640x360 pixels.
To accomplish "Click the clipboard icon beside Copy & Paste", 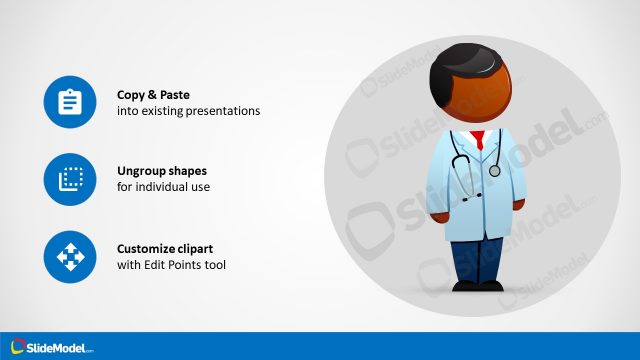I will [69, 101].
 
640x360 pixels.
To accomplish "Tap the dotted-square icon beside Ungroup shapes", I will [69, 179].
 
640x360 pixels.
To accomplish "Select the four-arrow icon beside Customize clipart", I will [69, 257].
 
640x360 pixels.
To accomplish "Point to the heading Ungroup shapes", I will [162, 171].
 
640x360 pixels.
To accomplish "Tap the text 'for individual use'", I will [164, 188].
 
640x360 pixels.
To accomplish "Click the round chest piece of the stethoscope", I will [494, 171].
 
